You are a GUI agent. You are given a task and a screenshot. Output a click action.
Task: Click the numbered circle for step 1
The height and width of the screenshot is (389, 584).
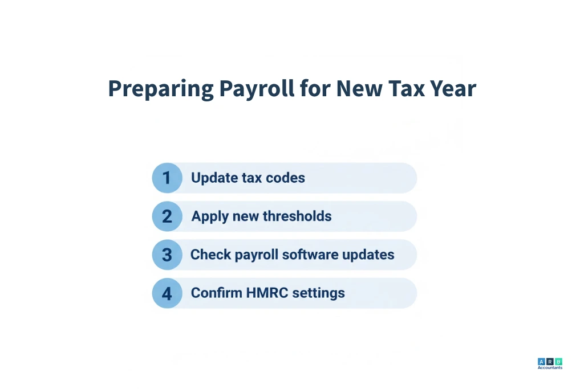(x=167, y=178)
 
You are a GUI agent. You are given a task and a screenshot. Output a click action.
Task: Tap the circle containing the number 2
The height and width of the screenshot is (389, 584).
(x=167, y=216)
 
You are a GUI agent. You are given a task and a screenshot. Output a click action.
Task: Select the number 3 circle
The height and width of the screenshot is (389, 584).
(x=167, y=255)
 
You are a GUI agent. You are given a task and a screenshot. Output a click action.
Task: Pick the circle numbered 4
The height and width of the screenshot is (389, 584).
(x=167, y=293)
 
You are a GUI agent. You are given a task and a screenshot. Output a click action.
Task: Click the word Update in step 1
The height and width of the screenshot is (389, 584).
(x=213, y=178)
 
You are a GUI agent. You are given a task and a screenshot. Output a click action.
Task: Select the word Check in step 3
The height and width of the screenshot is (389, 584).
(x=208, y=255)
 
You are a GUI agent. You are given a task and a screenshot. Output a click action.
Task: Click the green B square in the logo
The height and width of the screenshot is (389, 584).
(x=558, y=361)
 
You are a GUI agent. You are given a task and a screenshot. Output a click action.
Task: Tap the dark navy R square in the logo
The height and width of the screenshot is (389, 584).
(x=550, y=361)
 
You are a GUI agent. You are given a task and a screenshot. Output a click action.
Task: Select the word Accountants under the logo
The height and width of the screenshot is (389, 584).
(x=550, y=368)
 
